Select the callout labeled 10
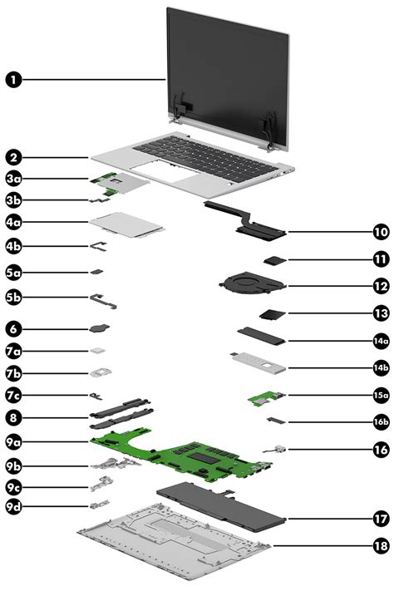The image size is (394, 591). click(380, 232)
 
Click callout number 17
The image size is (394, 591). click(380, 518)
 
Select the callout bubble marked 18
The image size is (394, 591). click(380, 546)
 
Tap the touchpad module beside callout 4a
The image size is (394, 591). click(128, 223)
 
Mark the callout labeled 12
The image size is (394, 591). click(380, 285)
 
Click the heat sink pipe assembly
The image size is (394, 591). click(245, 219)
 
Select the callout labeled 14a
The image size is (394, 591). click(380, 341)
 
